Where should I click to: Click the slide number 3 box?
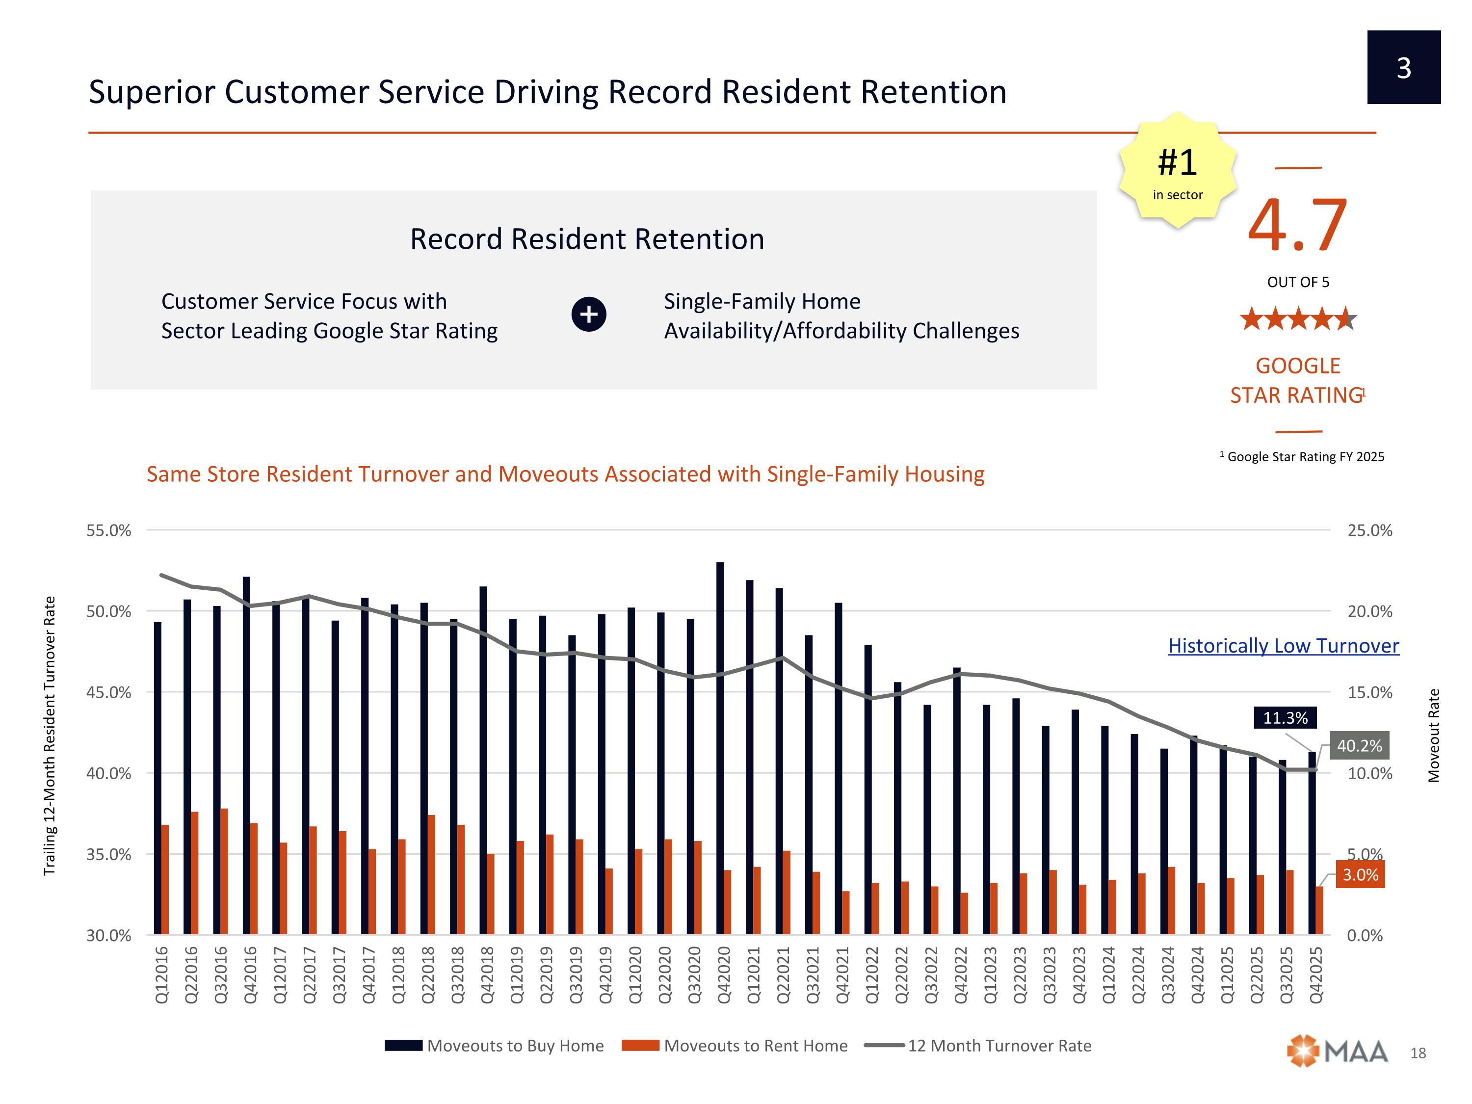click(x=1403, y=67)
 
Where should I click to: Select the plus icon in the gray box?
click(x=588, y=314)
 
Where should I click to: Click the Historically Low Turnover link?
click(x=1283, y=646)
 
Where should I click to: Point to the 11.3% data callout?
click(x=1285, y=718)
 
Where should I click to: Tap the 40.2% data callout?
click(x=1359, y=746)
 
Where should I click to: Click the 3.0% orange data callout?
click(x=1360, y=874)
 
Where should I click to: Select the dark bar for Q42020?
click(x=720, y=745)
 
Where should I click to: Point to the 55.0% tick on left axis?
click(x=108, y=530)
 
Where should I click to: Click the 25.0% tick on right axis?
click(x=1369, y=530)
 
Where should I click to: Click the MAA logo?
click(x=1338, y=1051)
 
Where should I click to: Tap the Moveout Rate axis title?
click(x=1434, y=736)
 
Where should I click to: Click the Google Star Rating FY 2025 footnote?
click(x=1302, y=456)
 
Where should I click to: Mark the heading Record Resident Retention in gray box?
click(x=587, y=239)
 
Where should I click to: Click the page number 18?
click(x=1418, y=1053)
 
